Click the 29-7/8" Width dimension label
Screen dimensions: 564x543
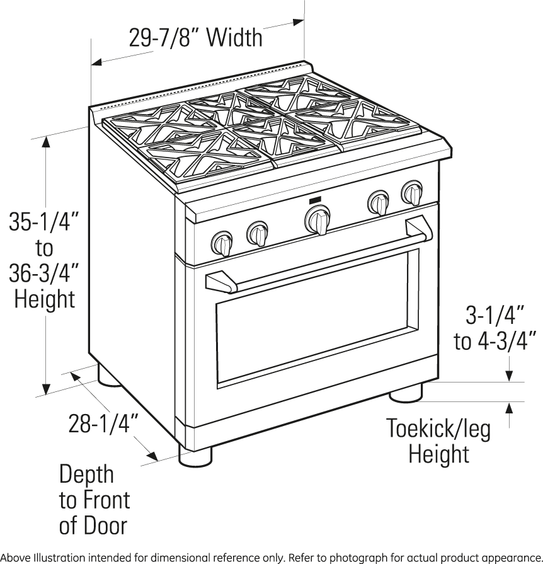195,38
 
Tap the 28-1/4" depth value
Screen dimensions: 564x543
103,423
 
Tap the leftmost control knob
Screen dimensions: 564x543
222,242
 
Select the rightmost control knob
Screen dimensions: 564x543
413,192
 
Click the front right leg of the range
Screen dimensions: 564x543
405,394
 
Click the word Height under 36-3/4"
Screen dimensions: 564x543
44,299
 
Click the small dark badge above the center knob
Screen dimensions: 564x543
315,200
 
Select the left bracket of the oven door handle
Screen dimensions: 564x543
220,280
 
